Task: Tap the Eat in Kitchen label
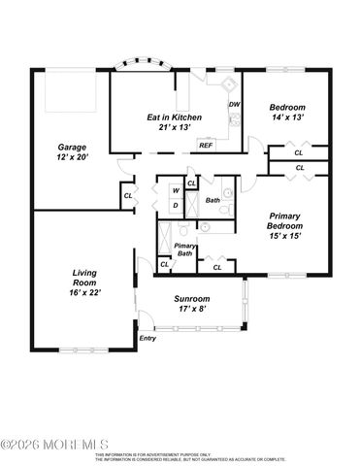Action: coord(174,116)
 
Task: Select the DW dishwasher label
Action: coord(234,104)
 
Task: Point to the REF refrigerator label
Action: coord(206,145)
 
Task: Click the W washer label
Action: coord(175,190)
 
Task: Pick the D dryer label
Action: coord(175,205)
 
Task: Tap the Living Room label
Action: coord(85,277)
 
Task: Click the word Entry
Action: coord(147,338)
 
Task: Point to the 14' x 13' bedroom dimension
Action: coord(286,116)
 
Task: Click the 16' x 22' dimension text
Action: coord(85,291)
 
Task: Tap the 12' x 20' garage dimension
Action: coord(72,156)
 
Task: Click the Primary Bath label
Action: coord(185,250)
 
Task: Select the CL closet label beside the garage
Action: coord(128,196)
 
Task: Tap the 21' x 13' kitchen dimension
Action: coord(174,127)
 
